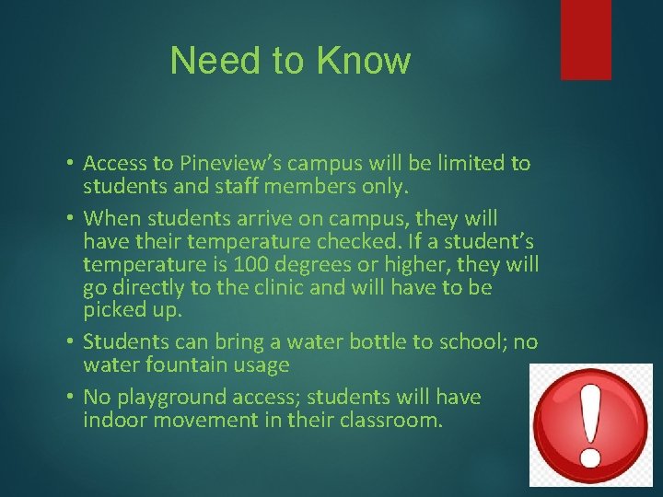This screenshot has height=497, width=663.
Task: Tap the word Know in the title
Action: [363, 61]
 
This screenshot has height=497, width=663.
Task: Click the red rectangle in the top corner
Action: [586, 39]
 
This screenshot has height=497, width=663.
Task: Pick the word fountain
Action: [176, 365]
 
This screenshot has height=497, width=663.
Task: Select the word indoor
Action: [114, 421]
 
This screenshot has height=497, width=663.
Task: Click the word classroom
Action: [394, 421]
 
